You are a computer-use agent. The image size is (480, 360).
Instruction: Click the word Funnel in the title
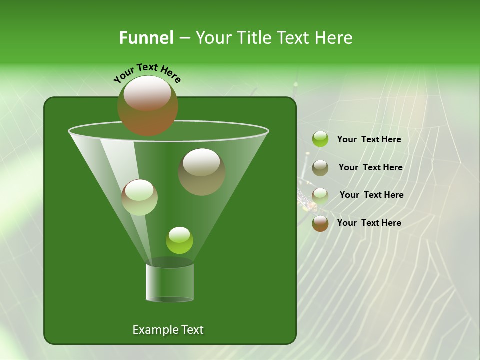[x=146, y=38]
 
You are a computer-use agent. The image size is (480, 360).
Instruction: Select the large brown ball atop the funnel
[x=147, y=105]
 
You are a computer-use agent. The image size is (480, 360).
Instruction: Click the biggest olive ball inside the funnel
[x=201, y=172]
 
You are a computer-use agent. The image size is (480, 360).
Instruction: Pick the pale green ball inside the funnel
[x=139, y=197]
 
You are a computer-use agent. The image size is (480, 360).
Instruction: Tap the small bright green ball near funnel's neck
[x=179, y=240]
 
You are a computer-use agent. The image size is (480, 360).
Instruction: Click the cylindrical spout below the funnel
[x=170, y=282]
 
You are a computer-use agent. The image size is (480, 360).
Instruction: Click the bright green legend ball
[x=320, y=139]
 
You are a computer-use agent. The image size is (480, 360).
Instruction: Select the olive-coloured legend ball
[x=320, y=168]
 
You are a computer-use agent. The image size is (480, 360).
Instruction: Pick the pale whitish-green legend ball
[x=320, y=195]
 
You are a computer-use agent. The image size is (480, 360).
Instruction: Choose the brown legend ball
[x=320, y=223]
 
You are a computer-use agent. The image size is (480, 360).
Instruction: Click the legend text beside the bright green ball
[x=369, y=140]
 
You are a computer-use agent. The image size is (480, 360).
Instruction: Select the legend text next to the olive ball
[x=370, y=168]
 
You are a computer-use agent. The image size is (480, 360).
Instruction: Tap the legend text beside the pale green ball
[x=371, y=195]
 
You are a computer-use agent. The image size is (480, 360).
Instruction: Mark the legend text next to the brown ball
[x=369, y=223]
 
